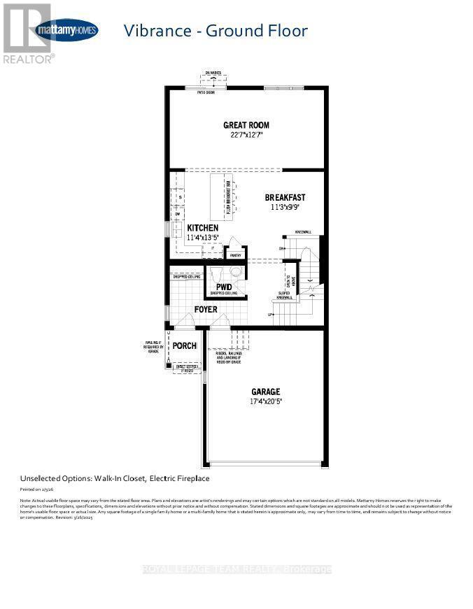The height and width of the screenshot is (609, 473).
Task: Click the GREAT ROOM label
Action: pyautogui.click(x=246, y=125)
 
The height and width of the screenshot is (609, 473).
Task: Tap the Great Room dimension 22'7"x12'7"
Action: pyautogui.click(x=246, y=136)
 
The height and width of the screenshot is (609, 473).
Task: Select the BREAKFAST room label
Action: pyautogui.click(x=284, y=197)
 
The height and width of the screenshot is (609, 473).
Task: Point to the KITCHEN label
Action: pyautogui.click(x=202, y=228)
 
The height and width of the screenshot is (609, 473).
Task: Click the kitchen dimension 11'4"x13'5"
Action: pyautogui.click(x=202, y=238)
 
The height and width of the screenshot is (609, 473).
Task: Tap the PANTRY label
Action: pyautogui.click(x=235, y=255)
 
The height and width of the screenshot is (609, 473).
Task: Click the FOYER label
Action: pyautogui.click(x=206, y=309)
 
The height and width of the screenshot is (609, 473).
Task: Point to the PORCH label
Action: pyautogui.click(x=185, y=346)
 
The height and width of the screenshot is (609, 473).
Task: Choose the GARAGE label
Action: pyautogui.click(x=266, y=392)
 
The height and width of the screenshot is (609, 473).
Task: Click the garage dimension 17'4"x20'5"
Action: pyautogui.click(x=266, y=401)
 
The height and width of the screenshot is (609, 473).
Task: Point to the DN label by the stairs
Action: pyautogui.click(x=282, y=248)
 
